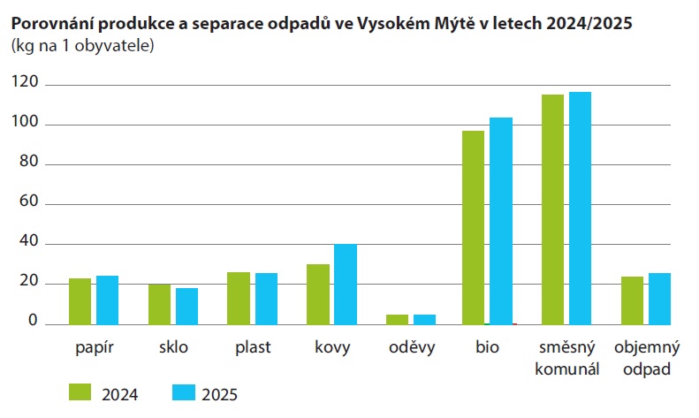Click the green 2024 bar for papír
80,301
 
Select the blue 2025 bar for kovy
346,285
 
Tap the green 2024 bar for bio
474,227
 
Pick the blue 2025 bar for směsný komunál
581,208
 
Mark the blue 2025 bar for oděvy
424,319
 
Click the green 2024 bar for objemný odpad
632,300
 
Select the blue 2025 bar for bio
501,221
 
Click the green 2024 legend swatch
80,391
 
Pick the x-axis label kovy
332,347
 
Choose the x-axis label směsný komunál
567,358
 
